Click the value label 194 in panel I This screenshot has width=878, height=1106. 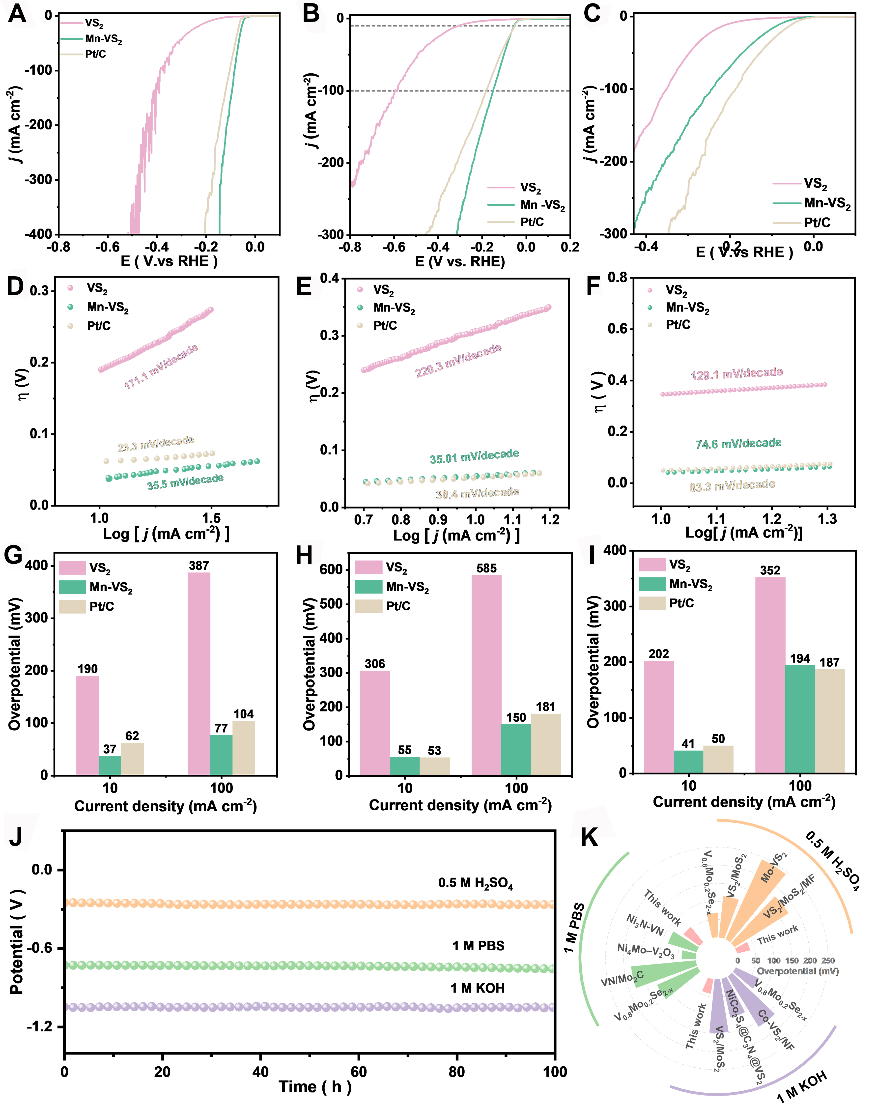pyautogui.click(x=799, y=659)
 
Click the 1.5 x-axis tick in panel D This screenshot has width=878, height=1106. pyautogui.click(x=211, y=518)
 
